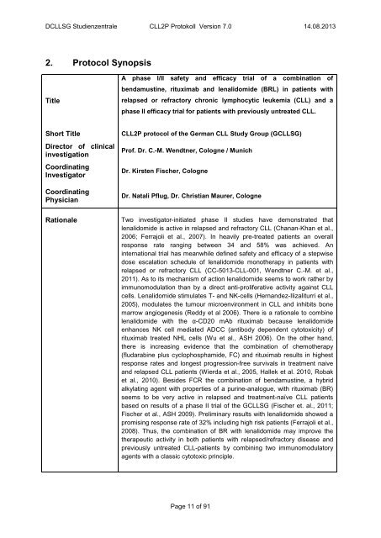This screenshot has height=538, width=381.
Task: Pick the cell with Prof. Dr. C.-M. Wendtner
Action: pyautogui.click(x=188, y=155)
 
